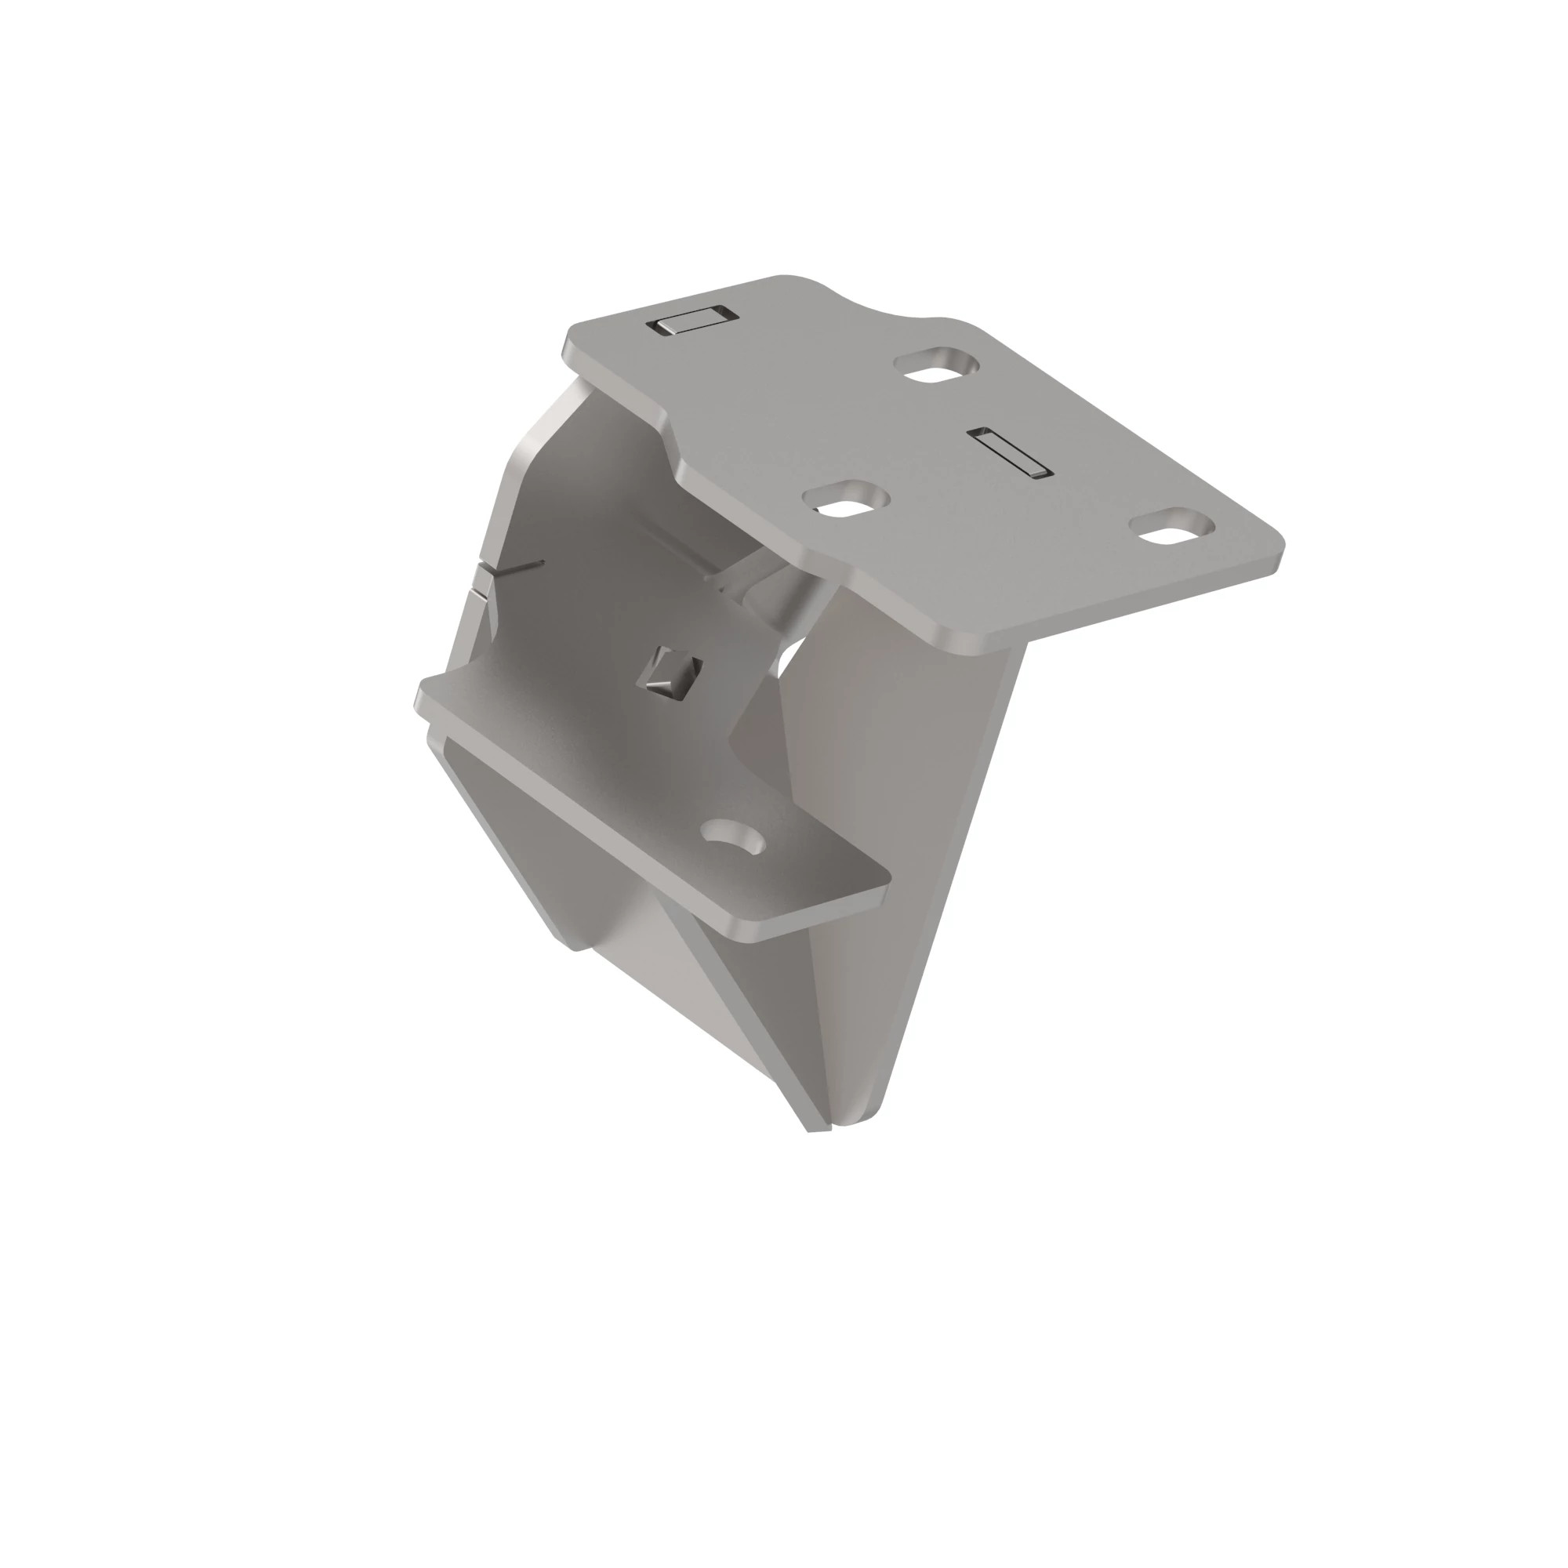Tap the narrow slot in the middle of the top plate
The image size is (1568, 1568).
[1010, 452]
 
